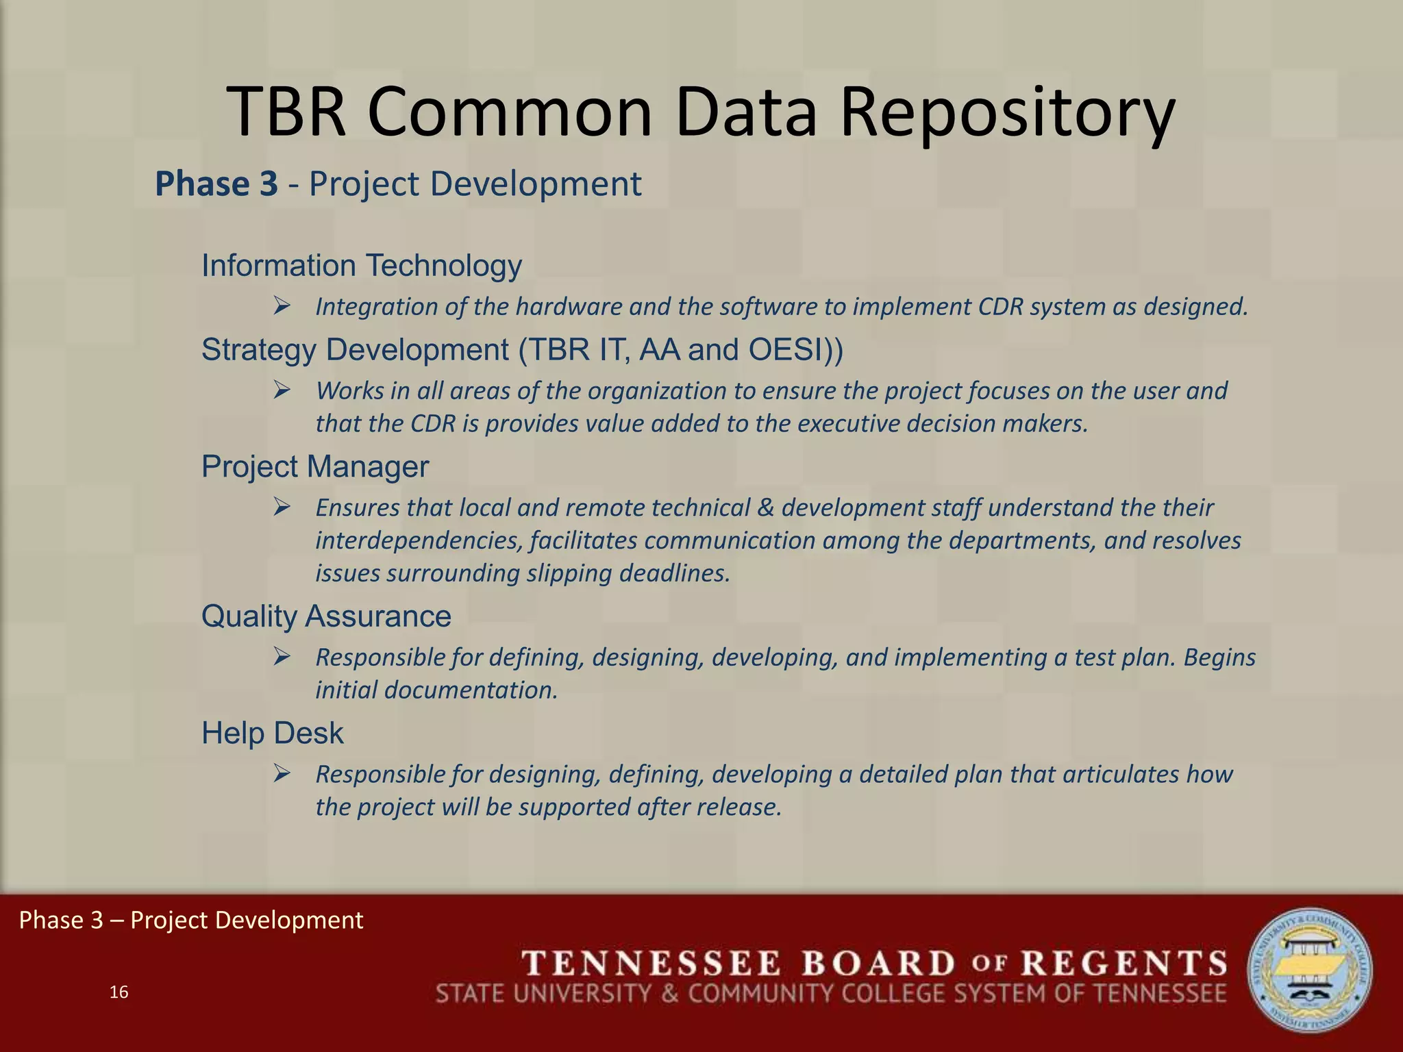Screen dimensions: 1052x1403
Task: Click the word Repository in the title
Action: coord(1007,113)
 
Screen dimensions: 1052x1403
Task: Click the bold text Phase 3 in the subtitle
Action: coord(216,184)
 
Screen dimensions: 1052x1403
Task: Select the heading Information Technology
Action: coord(361,266)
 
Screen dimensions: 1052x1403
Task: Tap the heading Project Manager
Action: coord(314,467)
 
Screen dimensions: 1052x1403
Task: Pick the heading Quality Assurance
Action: coord(326,616)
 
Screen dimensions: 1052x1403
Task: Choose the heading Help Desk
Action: coord(272,734)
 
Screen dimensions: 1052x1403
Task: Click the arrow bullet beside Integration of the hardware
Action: coord(282,305)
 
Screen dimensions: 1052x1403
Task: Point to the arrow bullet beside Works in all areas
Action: coord(282,390)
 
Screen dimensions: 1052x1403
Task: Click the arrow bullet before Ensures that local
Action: coord(282,508)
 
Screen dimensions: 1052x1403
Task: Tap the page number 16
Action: coord(119,992)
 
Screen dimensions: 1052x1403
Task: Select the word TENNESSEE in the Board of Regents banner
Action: coord(652,964)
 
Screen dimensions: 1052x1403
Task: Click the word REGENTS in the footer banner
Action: coord(1124,964)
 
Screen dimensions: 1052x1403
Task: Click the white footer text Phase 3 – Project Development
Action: coord(190,920)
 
